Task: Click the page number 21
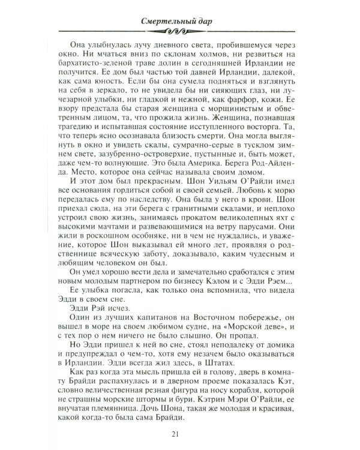180,435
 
